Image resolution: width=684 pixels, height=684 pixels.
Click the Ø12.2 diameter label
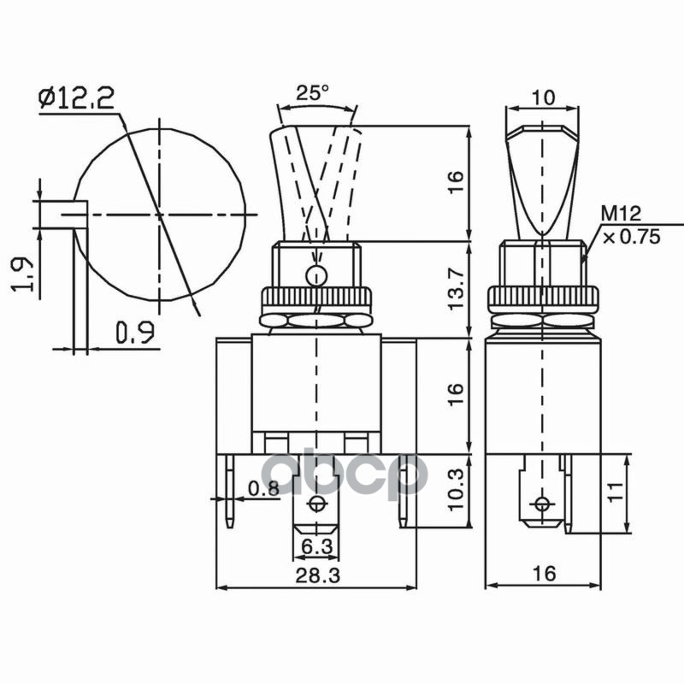(x=76, y=98)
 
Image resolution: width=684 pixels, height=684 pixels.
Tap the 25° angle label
(x=313, y=92)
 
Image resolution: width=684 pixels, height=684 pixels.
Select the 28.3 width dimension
(x=317, y=575)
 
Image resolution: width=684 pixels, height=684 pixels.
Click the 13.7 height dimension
(x=456, y=289)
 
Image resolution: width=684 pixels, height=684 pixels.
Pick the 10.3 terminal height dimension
(x=456, y=489)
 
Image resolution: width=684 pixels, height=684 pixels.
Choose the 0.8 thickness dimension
(x=263, y=488)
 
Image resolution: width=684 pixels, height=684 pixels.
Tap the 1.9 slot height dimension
(x=22, y=274)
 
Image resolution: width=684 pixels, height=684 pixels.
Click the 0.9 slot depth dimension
(x=135, y=332)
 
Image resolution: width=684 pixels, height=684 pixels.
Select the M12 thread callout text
(x=622, y=214)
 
